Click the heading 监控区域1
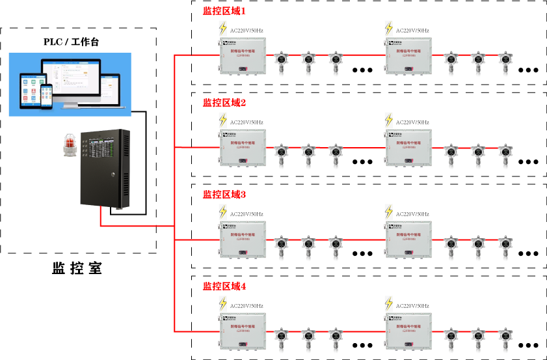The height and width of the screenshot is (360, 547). [x=224, y=11]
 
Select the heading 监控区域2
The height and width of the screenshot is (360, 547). [x=224, y=103]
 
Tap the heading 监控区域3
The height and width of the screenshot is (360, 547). [x=224, y=195]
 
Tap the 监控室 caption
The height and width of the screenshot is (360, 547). [x=77, y=268]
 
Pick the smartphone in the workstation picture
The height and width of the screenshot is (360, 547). [x=46, y=96]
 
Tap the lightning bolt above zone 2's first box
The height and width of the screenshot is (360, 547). [x=222, y=121]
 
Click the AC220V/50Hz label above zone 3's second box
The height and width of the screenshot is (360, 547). [x=412, y=214]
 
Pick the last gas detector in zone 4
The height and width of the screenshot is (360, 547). [x=504, y=335]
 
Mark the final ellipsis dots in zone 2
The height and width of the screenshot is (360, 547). [x=529, y=161]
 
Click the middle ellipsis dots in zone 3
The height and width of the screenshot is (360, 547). [x=362, y=253]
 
